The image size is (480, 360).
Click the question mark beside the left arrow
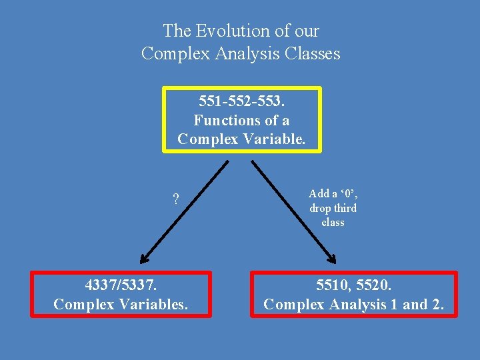point(175,199)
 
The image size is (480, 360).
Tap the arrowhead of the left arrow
point(143,261)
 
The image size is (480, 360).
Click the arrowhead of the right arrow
point(333,261)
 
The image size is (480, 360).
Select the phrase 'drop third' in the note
point(333,208)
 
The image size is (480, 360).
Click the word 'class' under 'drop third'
point(333,222)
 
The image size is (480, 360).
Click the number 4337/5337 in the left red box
point(121,285)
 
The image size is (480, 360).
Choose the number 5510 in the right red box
point(331,285)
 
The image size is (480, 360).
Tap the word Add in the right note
point(319,194)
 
